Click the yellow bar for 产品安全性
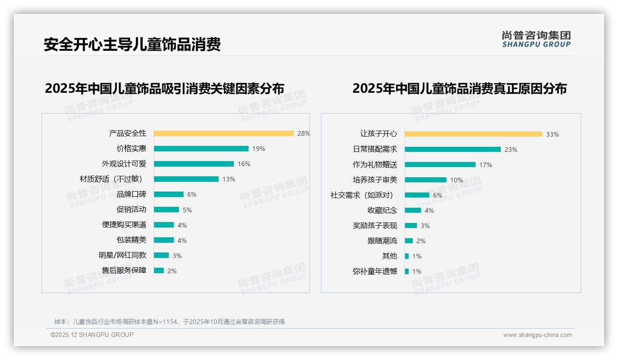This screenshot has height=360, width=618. (x=224, y=133)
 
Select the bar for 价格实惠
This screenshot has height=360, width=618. (x=201, y=149)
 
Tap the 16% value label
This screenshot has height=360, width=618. (x=244, y=164)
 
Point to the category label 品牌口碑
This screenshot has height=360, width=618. (x=131, y=194)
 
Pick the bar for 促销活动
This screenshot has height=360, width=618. (x=166, y=210)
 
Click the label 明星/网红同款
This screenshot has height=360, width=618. (x=122, y=255)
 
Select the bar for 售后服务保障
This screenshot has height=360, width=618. (x=159, y=270)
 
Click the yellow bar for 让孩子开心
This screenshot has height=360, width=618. (x=474, y=134)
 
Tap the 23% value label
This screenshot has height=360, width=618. (x=511, y=150)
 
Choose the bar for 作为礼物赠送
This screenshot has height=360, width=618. (x=440, y=164)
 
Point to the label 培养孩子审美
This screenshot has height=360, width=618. (x=375, y=180)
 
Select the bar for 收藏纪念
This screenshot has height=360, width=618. (x=413, y=210)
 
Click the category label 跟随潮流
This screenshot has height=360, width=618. (x=382, y=240)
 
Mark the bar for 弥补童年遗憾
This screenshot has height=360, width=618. (x=407, y=271)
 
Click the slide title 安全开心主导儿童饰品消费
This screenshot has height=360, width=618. (x=132, y=44)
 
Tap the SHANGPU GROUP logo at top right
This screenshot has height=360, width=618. (x=536, y=39)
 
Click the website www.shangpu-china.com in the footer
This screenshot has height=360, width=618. (x=537, y=335)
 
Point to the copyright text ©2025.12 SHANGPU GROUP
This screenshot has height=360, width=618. (x=92, y=335)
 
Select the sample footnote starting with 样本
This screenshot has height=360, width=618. (x=169, y=322)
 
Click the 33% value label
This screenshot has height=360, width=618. (x=553, y=134)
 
